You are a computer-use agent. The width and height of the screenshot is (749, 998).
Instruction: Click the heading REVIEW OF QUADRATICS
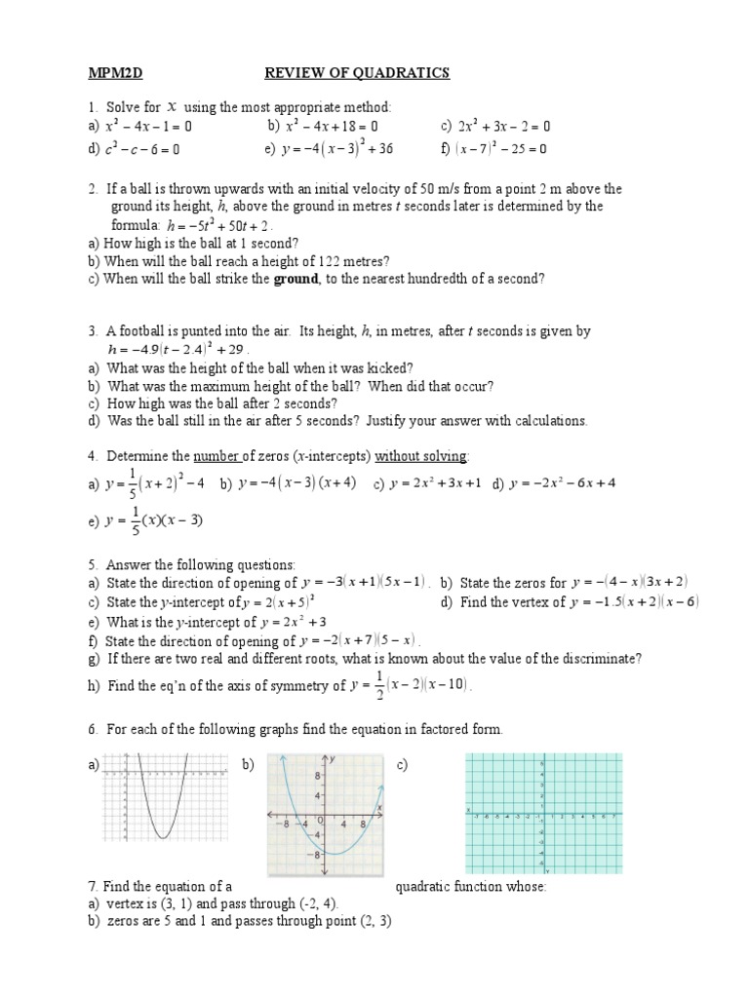tap(358, 73)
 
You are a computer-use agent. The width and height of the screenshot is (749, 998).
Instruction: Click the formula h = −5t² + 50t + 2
tap(222, 224)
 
